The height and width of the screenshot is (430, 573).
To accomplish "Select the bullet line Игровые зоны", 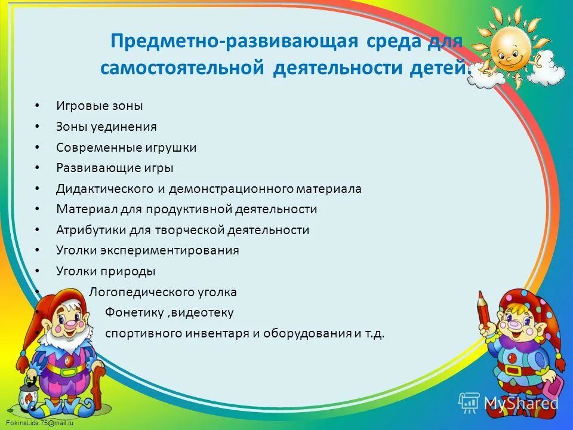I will [100, 106].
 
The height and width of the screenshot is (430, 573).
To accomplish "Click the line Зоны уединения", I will [106, 127].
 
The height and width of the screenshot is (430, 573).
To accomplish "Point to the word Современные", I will [98, 148].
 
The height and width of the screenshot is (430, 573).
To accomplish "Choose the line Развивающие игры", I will [115, 168].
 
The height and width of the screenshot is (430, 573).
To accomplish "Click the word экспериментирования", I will [170, 251].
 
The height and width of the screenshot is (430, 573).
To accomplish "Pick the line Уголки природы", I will [106, 271].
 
